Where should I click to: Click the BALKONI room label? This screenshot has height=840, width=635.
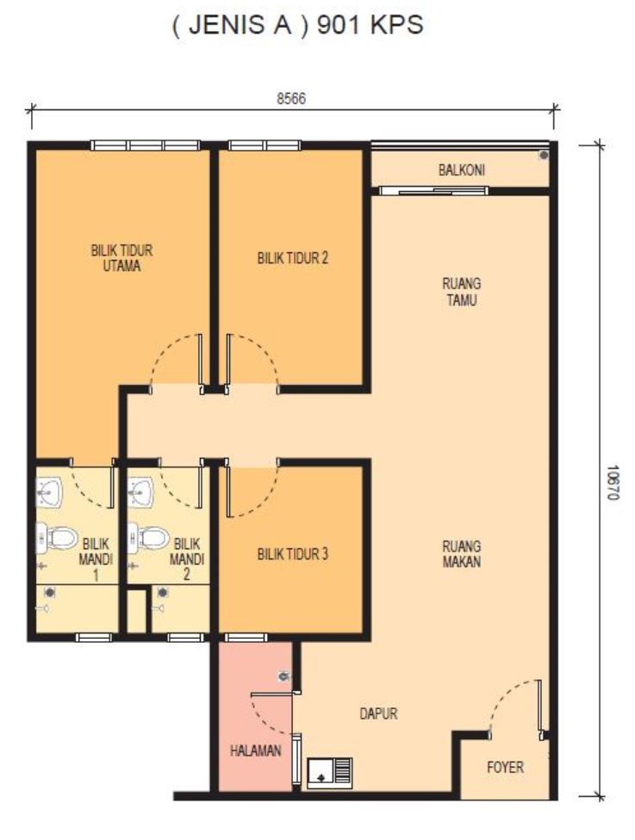click(x=461, y=170)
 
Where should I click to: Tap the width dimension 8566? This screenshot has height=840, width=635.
click(x=291, y=99)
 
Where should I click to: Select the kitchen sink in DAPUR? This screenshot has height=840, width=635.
click(x=330, y=773)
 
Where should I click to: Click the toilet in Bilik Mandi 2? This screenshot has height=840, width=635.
click(x=148, y=538)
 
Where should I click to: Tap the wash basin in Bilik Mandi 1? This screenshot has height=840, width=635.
click(x=49, y=491)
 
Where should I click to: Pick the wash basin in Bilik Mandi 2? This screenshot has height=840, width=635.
click(x=140, y=491)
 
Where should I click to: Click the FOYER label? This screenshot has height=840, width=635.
click(x=505, y=767)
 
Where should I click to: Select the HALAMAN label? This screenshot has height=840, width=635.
click(x=256, y=750)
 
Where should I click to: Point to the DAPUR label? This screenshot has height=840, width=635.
click(x=378, y=713)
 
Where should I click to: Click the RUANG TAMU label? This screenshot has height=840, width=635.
click(x=461, y=292)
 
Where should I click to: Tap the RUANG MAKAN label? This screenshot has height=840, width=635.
click(x=461, y=554)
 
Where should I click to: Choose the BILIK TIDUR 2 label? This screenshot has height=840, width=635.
click(x=292, y=258)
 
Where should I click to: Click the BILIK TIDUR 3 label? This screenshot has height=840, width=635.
click(x=292, y=554)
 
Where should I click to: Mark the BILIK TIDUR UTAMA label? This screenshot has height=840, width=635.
click(x=121, y=257)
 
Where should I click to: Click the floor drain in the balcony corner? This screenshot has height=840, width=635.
click(x=544, y=156)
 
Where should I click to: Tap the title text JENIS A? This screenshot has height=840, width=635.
click(x=240, y=25)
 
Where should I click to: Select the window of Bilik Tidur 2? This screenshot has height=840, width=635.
click(x=265, y=145)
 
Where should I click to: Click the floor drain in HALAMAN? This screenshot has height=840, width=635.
click(x=283, y=676)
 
